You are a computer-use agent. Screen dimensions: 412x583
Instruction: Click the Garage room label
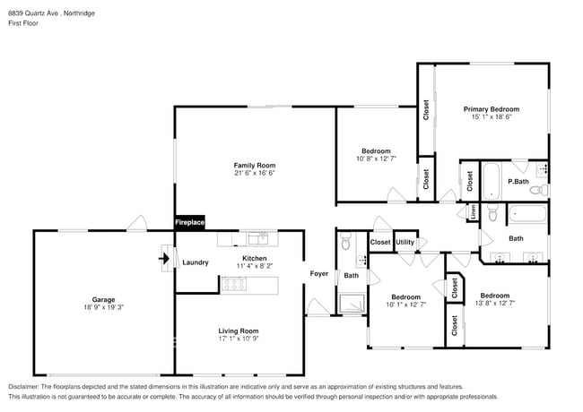(x=103, y=299)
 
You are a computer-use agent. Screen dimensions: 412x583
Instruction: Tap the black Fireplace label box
(x=189, y=222)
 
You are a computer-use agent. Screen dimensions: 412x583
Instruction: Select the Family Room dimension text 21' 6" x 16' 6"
(x=254, y=174)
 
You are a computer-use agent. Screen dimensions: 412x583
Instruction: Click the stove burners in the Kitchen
(x=234, y=285)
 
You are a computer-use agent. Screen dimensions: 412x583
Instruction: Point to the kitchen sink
(x=257, y=238)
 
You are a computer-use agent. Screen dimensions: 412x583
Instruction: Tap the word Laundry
(x=195, y=262)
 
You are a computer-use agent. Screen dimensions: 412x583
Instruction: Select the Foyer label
(x=318, y=273)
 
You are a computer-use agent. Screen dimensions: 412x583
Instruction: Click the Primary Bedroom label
(x=491, y=109)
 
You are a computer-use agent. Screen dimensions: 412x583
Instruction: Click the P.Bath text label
(x=518, y=182)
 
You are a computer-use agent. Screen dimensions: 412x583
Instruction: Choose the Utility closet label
(x=405, y=242)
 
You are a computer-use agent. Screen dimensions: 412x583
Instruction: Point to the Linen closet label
(x=473, y=211)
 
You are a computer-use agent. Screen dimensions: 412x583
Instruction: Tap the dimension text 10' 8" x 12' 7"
(x=376, y=159)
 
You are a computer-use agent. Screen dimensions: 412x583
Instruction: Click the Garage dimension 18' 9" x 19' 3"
(x=103, y=308)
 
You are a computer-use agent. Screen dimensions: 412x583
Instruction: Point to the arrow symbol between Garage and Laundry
(x=164, y=260)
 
